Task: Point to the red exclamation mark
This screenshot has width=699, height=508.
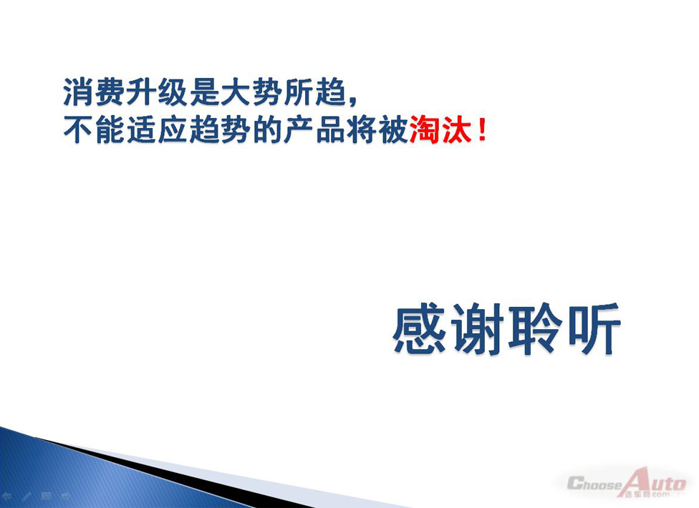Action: [481, 129]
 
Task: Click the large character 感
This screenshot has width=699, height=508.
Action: [420, 329]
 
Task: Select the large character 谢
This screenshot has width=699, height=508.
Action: [478, 329]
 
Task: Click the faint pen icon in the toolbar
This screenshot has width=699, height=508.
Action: [26, 496]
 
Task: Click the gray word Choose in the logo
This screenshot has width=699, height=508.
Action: [594, 484]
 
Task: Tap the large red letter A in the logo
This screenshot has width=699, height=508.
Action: [637, 482]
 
